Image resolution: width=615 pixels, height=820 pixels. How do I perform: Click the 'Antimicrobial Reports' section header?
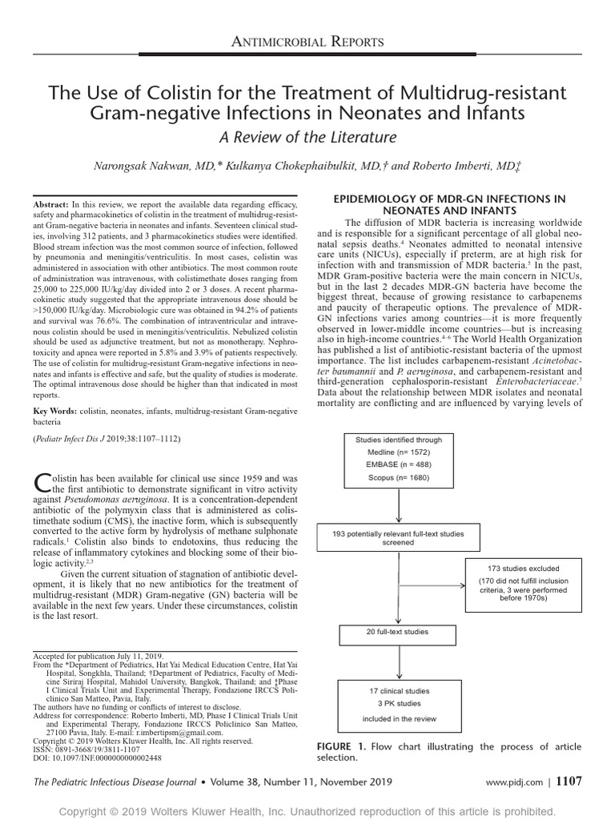coord(307,41)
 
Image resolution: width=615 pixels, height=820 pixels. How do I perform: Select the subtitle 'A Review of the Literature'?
coord(307,136)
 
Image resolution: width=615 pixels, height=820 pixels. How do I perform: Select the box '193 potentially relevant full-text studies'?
coord(398,537)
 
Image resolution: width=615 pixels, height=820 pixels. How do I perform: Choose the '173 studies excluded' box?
coord(523,569)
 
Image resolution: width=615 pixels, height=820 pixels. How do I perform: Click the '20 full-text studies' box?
coord(398,632)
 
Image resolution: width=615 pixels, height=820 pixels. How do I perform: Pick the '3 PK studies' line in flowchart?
coord(396,704)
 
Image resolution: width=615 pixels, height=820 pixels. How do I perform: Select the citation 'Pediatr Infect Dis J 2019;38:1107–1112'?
coord(107,440)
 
